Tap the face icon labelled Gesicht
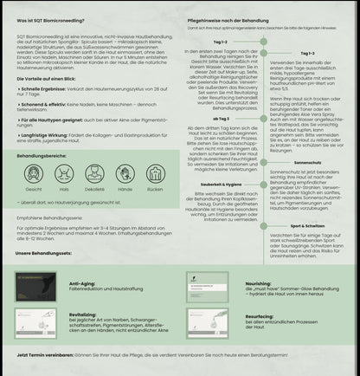pos(34,172)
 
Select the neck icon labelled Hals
pos(63,172)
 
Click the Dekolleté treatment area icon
pos(93,172)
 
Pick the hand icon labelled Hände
pos(124,172)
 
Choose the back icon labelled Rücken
pos(153,172)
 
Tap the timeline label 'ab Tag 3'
pos(222,119)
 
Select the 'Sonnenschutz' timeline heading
pos(307,162)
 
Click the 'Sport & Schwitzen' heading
pos(307,224)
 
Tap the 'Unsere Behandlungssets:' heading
pos(46,253)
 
